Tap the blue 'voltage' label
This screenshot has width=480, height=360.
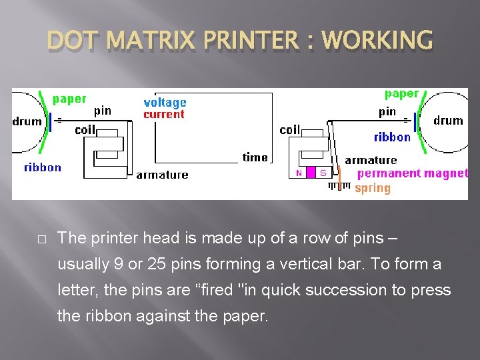pos(165,103)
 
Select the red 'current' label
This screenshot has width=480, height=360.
pos(164,115)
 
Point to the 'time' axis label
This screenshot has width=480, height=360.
pos(255,157)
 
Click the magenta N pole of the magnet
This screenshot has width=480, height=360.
pos(299,173)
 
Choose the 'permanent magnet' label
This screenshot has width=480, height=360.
pos(413,173)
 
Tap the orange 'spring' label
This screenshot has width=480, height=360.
pos(373,188)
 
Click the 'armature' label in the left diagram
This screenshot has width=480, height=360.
pos(162,175)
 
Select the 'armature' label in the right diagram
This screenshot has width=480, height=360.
pos(371,160)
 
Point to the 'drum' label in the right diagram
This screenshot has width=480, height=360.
pos(448,121)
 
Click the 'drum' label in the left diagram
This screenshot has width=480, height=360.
pos(27,121)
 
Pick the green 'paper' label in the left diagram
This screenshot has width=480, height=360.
pos(69,99)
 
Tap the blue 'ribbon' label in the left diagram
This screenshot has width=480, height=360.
pos(43,167)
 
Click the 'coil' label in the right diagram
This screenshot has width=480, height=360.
pos(290,130)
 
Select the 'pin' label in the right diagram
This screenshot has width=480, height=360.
pos(387,111)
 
